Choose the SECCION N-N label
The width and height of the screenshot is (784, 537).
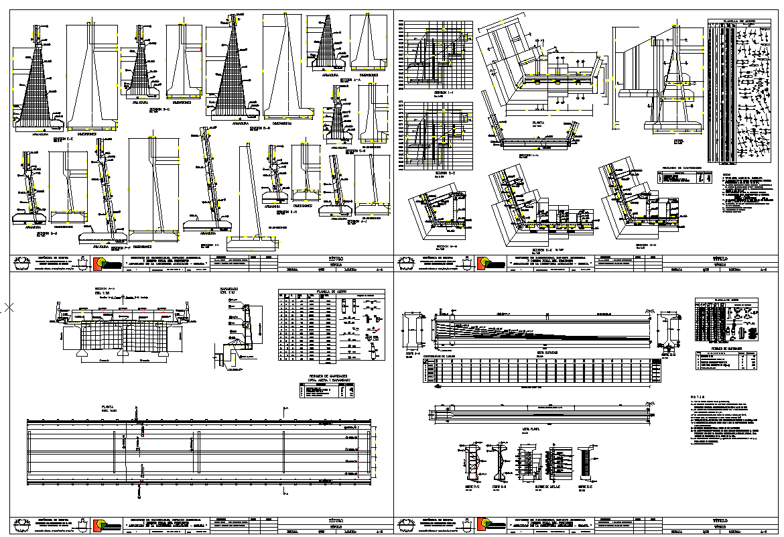[645, 245]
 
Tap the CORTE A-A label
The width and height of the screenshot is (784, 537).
[412, 353]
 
